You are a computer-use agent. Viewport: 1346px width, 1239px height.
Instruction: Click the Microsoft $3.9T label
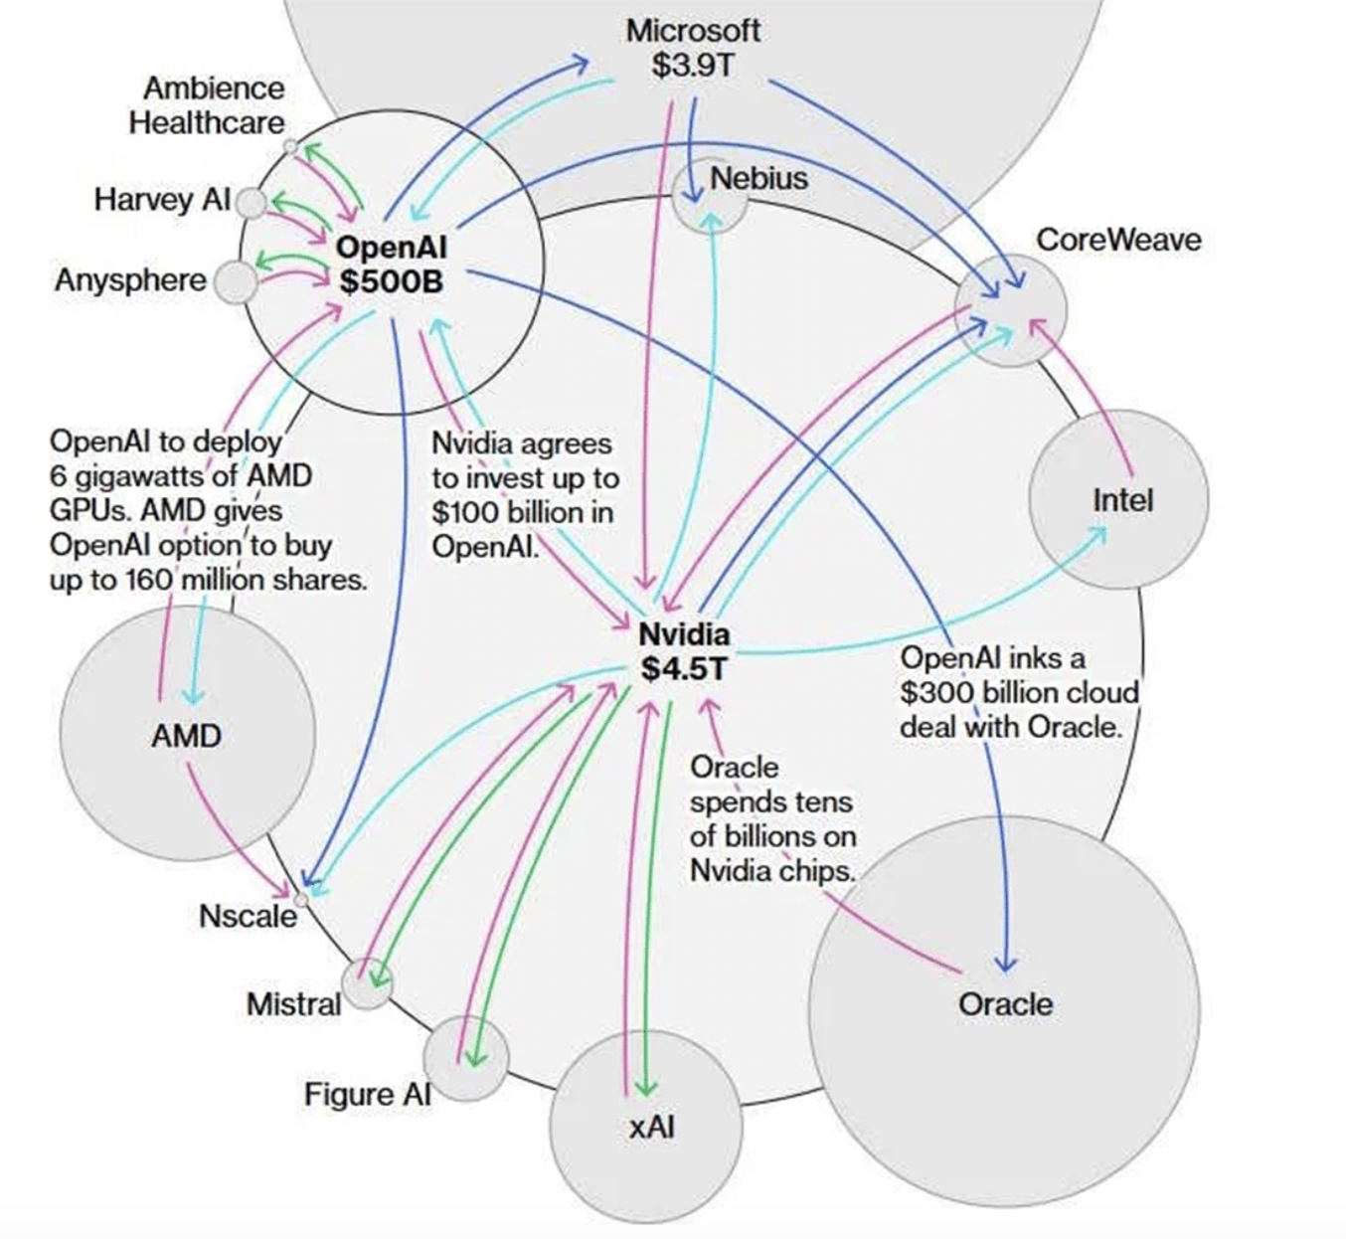[x=692, y=48]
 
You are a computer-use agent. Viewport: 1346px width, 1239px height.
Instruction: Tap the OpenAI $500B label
[x=391, y=265]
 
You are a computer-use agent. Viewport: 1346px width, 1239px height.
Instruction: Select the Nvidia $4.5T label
[x=684, y=651]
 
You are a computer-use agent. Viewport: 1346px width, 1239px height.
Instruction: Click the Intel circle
[x=1119, y=499]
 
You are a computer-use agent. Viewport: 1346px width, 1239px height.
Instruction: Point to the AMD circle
[x=187, y=736]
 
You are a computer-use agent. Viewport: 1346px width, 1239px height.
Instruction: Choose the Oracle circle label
[x=1005, y=1003]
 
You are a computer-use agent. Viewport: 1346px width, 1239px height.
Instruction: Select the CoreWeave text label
[x=1117, y=240]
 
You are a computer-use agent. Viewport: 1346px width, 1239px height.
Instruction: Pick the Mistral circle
[x=368, y=983]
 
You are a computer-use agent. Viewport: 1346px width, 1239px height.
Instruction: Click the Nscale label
[x=248, y=916]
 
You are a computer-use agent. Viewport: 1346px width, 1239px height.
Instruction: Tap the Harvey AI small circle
[x=252, y=204]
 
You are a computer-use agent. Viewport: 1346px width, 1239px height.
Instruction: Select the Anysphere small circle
[x=236, y=282]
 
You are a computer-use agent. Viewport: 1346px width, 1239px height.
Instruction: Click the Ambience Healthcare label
[x=207, y=105]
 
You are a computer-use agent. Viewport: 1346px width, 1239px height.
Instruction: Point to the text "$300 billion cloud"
[x=1019, y=692]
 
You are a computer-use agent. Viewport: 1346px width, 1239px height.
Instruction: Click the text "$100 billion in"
[x=523, y=512]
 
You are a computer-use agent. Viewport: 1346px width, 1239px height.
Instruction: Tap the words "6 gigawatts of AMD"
[x=180, y=475]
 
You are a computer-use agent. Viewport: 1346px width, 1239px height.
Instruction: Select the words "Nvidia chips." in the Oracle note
[x=771, y=871]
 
